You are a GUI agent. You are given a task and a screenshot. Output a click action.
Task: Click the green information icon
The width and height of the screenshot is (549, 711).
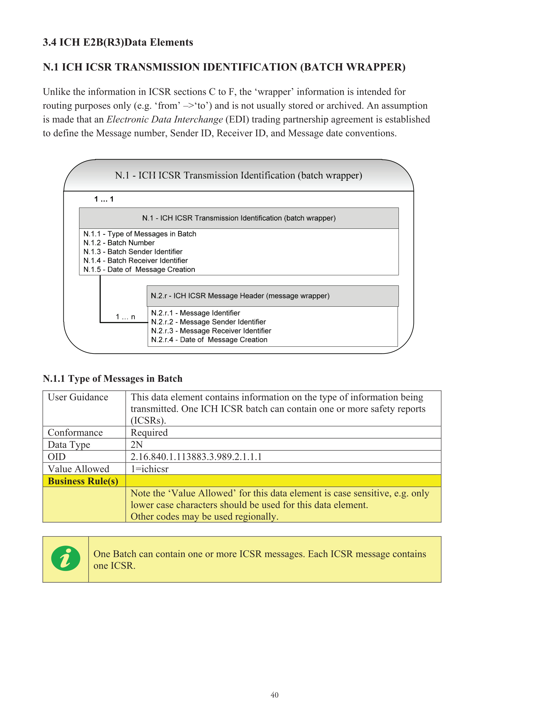[x=66, y=558]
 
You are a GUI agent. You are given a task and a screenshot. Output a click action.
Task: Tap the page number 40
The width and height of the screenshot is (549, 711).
[x=274, y=695]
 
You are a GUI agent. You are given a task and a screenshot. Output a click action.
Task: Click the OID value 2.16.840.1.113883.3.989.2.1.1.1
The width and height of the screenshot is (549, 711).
[x=196, y=457]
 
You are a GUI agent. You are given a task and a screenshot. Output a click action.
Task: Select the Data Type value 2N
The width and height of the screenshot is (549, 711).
[x=137, y=445]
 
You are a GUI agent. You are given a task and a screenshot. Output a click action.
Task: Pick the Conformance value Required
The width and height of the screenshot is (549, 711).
[x=149, y=433]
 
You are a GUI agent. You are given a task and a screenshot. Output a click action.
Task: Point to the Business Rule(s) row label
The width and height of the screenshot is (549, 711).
[x=83, y=481]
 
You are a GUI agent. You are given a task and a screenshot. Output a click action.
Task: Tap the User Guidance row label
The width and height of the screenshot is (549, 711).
[x=78, y=397]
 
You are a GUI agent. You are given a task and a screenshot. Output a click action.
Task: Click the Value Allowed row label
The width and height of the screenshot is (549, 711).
[x=78, y=469]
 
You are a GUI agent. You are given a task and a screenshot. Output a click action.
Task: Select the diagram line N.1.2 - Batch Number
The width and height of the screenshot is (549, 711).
[x=119, y=243]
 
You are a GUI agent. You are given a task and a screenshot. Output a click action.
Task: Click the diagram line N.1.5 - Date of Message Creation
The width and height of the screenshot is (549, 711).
[x=139, y=269]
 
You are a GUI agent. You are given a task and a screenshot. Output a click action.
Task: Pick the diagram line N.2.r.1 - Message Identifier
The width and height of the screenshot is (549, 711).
[x=195, y=313]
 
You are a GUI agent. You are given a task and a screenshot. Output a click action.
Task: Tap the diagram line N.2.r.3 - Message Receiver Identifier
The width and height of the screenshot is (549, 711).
[x=211, y=331]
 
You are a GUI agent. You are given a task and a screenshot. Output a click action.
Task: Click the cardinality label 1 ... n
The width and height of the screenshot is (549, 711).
[x=125, y=317]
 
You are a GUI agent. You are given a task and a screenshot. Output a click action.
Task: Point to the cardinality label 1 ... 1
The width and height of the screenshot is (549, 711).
[x=104, y=199]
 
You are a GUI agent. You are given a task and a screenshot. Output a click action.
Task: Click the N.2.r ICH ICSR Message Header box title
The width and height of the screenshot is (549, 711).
[x=240, y=296]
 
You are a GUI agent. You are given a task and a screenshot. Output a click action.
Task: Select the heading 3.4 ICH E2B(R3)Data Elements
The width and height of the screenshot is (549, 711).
[x=118, y=42]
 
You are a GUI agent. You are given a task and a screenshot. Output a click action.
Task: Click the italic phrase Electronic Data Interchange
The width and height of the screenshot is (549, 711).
[x=165, y=119]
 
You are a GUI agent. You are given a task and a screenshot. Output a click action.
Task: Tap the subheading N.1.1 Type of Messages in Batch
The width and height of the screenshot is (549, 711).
[x=112, y=379]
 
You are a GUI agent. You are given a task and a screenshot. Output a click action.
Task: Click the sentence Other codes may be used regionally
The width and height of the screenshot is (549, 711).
[x=204, y=517]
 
